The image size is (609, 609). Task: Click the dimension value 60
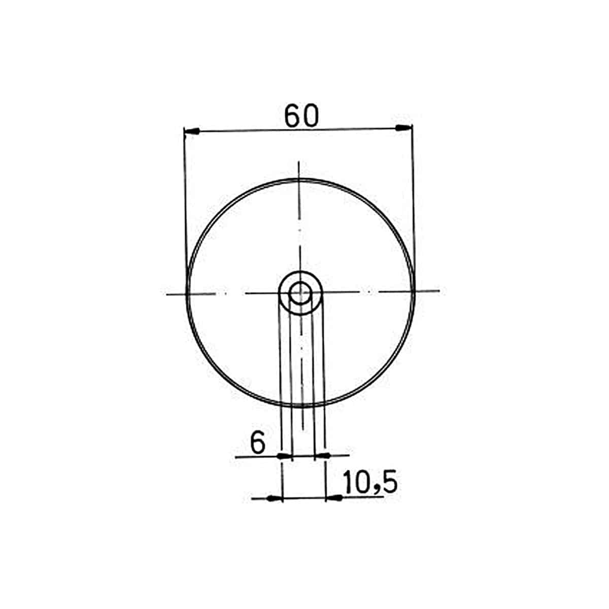(301, 116)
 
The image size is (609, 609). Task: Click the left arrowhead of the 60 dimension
(191, 131)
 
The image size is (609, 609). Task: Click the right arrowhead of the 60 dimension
(404, 127)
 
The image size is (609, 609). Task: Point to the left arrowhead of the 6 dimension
(284, 456)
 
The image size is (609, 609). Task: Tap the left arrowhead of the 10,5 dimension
(275, 498)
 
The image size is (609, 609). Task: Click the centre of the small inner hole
(300, 293)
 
